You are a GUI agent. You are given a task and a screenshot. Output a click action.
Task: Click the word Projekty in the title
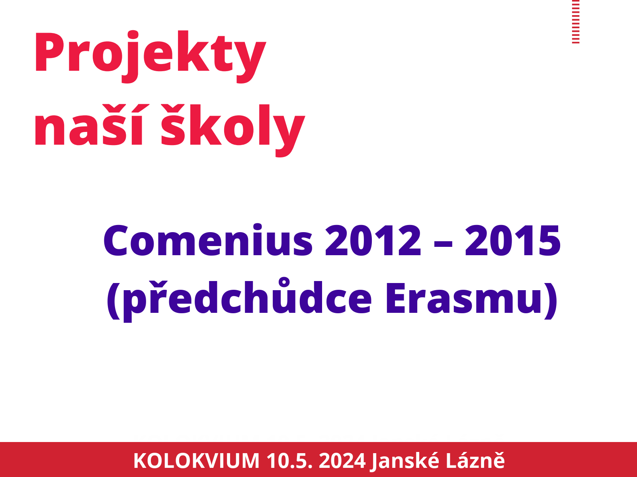click(x=150, y=56)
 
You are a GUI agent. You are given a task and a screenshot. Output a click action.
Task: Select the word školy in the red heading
click(x=233, y=130)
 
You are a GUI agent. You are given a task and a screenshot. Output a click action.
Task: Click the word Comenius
click(x=208, y=240)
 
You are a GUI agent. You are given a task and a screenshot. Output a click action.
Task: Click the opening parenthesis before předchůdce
click(x=113, y=301)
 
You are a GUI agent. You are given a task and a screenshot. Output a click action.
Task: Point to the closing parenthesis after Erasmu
click(x=551, y=301)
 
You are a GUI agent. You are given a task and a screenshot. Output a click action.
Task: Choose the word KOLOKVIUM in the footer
click(x=196, y=461)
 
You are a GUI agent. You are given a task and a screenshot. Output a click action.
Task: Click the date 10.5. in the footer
click(x=289, y=461)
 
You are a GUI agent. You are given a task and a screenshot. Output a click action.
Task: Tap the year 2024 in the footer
click(x=342, y=461)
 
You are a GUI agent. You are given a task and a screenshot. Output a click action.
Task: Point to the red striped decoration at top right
click(x=575, y=22)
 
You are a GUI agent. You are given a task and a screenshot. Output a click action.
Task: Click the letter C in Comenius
click(x=115, y=240)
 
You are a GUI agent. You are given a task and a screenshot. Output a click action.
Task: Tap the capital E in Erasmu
click(x=396, y=298)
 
